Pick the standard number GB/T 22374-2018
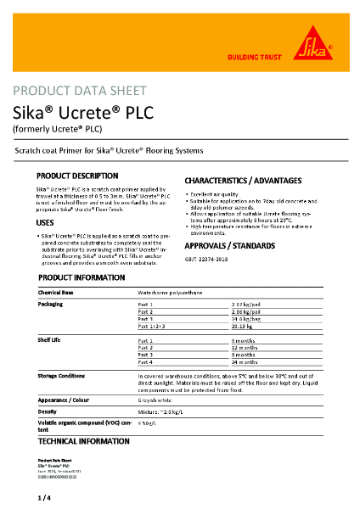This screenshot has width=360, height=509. [207, 259]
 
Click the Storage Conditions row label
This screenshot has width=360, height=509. [61, 374]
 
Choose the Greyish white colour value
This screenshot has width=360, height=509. [156, 398]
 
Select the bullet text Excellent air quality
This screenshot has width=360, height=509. [218, 195]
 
